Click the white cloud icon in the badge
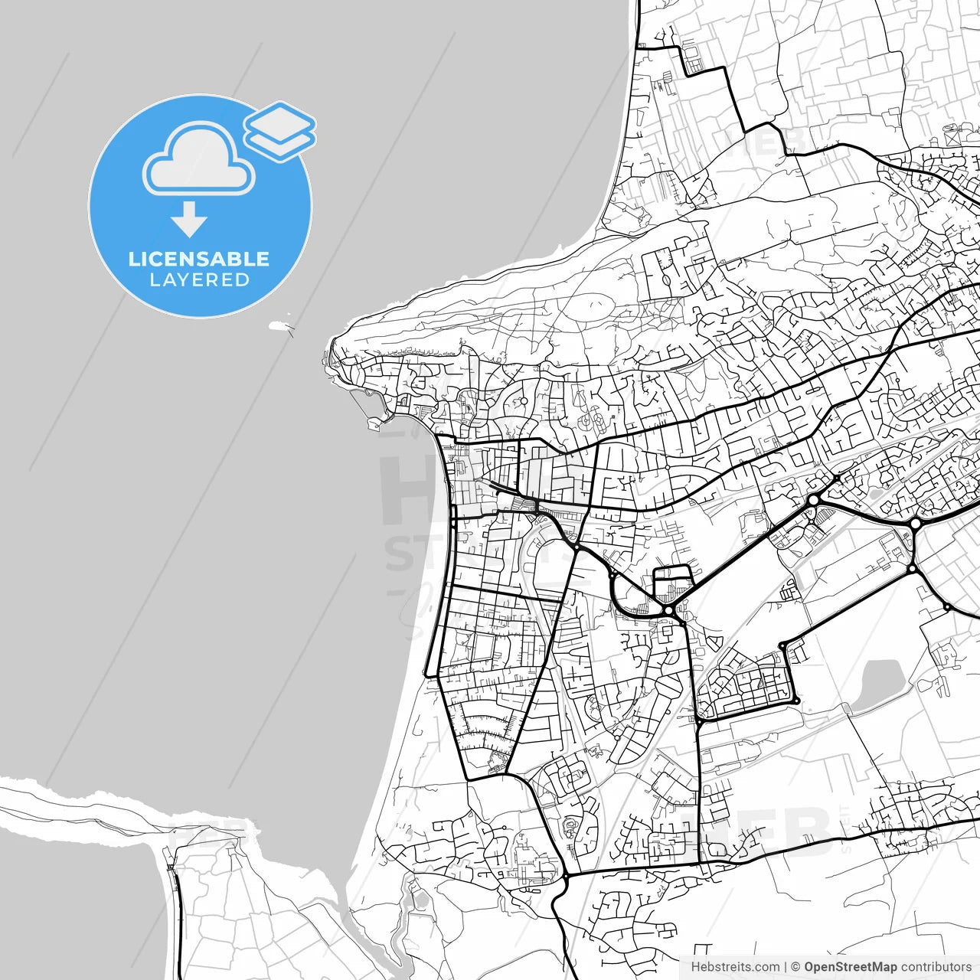click(199, 160)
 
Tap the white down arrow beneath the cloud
click(188, 220)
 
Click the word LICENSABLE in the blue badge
click(199, 259)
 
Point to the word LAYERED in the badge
click(199, 280)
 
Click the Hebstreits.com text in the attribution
click(735, 967)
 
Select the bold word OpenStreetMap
click(850, 967)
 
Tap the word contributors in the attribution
click(936, 967)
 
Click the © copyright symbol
click(795, 967)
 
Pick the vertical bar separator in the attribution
click(786, 967)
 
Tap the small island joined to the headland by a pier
click(374, 421)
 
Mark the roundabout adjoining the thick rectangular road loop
click(669, 609)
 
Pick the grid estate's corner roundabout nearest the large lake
click(796, 701)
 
